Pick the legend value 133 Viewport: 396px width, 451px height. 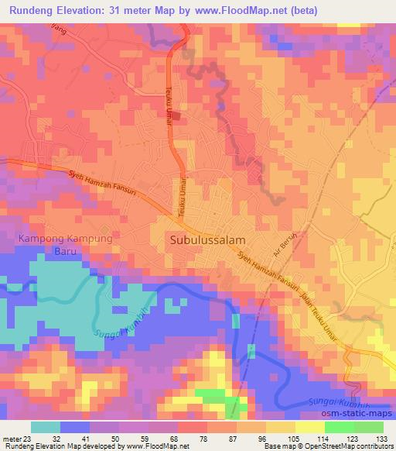click(381, 438)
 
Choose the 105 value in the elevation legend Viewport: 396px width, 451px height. click(293, 438)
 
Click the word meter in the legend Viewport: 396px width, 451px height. click(12, 438)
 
